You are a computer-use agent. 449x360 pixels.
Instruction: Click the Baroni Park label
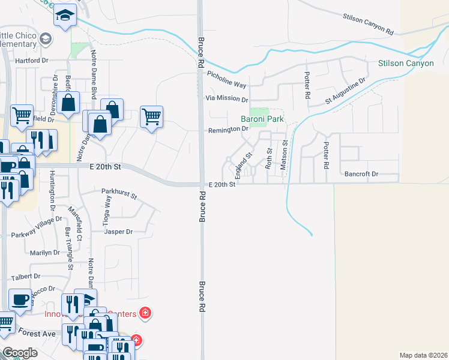[262, 119]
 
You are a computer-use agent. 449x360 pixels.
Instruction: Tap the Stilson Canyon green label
[406, 63]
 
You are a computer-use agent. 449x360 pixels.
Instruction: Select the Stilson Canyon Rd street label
[368, 24]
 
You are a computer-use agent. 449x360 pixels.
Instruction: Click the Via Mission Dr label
[227, 98]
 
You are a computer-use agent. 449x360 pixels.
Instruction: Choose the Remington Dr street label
[228, 130]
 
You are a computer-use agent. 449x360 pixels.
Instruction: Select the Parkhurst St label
[119, 195]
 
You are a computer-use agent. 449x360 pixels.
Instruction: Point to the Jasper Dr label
[118, 232]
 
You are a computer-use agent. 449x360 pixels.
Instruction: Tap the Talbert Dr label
[25, 277]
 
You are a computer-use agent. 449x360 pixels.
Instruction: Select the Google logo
[20, 353]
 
